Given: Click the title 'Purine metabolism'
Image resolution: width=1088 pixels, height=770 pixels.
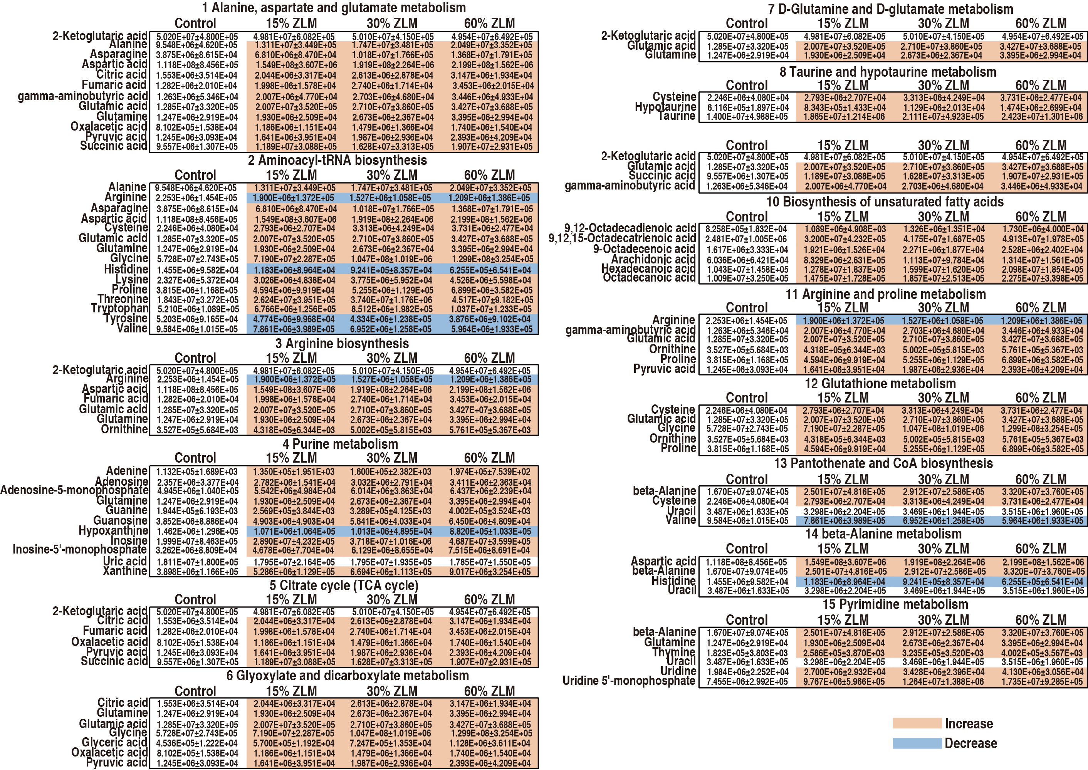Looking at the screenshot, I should (x=340, y=444).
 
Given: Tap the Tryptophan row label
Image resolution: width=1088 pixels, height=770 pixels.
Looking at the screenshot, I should (x=119, y=309).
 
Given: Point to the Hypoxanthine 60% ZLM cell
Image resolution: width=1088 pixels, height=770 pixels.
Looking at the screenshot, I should (x=489, y=531).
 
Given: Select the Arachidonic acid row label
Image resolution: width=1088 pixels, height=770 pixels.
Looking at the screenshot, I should (x=653, y=259).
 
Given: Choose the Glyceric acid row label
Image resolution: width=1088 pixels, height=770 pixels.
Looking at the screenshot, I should (x=114, y=743).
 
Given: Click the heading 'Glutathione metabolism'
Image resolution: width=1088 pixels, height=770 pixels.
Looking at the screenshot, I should (x=880, y=384).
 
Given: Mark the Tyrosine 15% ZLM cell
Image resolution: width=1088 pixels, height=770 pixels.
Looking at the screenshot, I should (x=294, y=319).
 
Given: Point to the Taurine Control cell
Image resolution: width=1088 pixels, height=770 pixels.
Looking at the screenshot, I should (x=747, y=117).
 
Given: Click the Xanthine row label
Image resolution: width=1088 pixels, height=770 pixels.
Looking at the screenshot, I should (x=125, y=571).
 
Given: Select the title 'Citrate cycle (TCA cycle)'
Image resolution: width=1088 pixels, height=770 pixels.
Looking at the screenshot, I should (x=344, y=585).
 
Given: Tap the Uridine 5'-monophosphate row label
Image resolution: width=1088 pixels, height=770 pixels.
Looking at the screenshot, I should (x=628, y=681).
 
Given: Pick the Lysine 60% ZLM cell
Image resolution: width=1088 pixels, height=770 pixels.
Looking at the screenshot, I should (x=489, y=280).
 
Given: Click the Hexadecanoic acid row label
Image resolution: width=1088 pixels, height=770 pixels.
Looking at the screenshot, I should (x=648, y=268).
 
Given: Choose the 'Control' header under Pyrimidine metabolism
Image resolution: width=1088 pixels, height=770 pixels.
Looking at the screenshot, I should (x=747, y=620).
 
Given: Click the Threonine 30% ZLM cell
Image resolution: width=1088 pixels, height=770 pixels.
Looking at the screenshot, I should (x=392, y=300).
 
